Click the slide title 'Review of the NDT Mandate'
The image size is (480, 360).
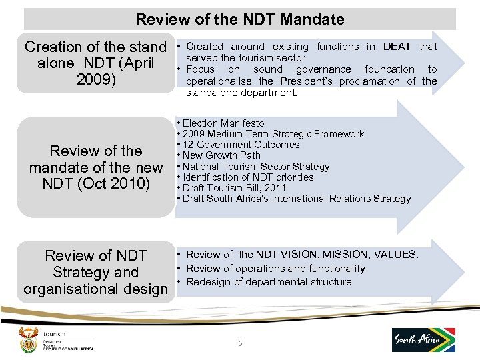(x=240, y=19)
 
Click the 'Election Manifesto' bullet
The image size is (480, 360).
(x=223, y=123)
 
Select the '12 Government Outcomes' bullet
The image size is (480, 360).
(x=241, y=145)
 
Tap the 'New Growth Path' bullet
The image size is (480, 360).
(x=221, y=155)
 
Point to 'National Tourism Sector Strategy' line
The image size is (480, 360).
(x=256, y=167)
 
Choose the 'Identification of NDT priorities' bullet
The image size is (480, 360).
(x=248, y=177)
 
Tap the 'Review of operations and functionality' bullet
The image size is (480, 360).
(x=275, y=269)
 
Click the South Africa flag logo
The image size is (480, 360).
(x=424, y=339)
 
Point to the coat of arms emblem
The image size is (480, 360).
(x=29, y=339)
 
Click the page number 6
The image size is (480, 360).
(x=240, y=343)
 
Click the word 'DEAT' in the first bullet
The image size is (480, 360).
(x=397, y=47)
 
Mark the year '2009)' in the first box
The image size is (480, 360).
(x=96, y=81)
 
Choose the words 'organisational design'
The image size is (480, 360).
(x=95, y=289)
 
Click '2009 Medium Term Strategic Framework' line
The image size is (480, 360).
(x=273, y=134)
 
